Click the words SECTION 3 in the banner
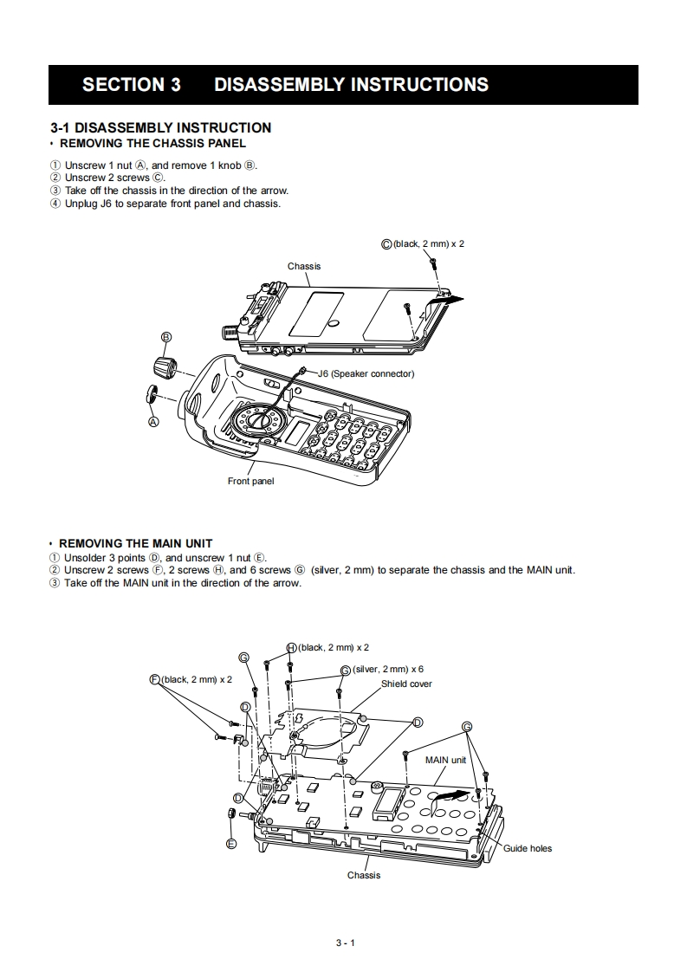coord(132,85)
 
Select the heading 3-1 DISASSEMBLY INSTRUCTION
coord(161,127)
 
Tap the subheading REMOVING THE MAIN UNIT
coord(135,544)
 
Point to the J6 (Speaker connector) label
coord(366,374)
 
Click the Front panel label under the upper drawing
coord(250,482)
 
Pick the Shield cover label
coord(406,684)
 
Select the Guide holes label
coord(528,848)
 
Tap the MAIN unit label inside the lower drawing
coord(445,760)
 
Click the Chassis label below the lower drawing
coord(364,875)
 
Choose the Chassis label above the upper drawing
coord(304,266)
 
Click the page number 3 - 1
coord(346,943)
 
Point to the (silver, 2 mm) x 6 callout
coord(387,669)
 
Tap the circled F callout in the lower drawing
coord(155,679)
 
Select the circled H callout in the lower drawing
coord(292,647)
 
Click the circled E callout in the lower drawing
coord(231,843)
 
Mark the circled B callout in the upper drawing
coord(166,337)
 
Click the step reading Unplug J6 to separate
coord(172,204)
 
